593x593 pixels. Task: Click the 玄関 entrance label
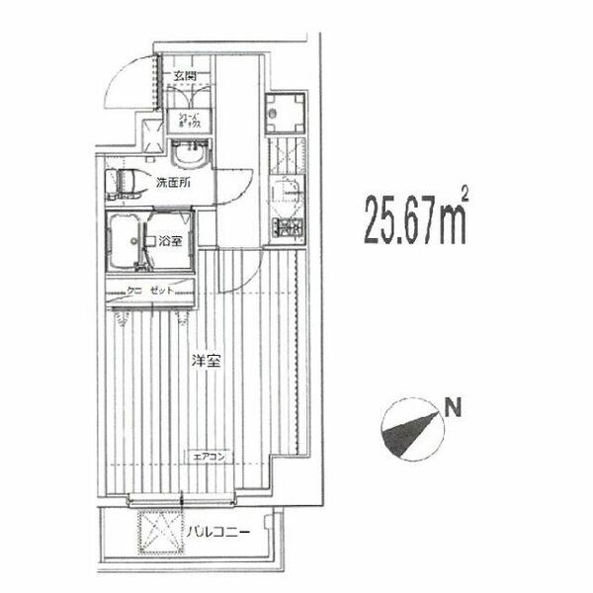[185, 75]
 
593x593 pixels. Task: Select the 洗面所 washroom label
[172, 183]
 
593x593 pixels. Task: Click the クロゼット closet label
[151, 291]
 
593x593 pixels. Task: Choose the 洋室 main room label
[205, 362]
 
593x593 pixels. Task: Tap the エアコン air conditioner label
[209, 456]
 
